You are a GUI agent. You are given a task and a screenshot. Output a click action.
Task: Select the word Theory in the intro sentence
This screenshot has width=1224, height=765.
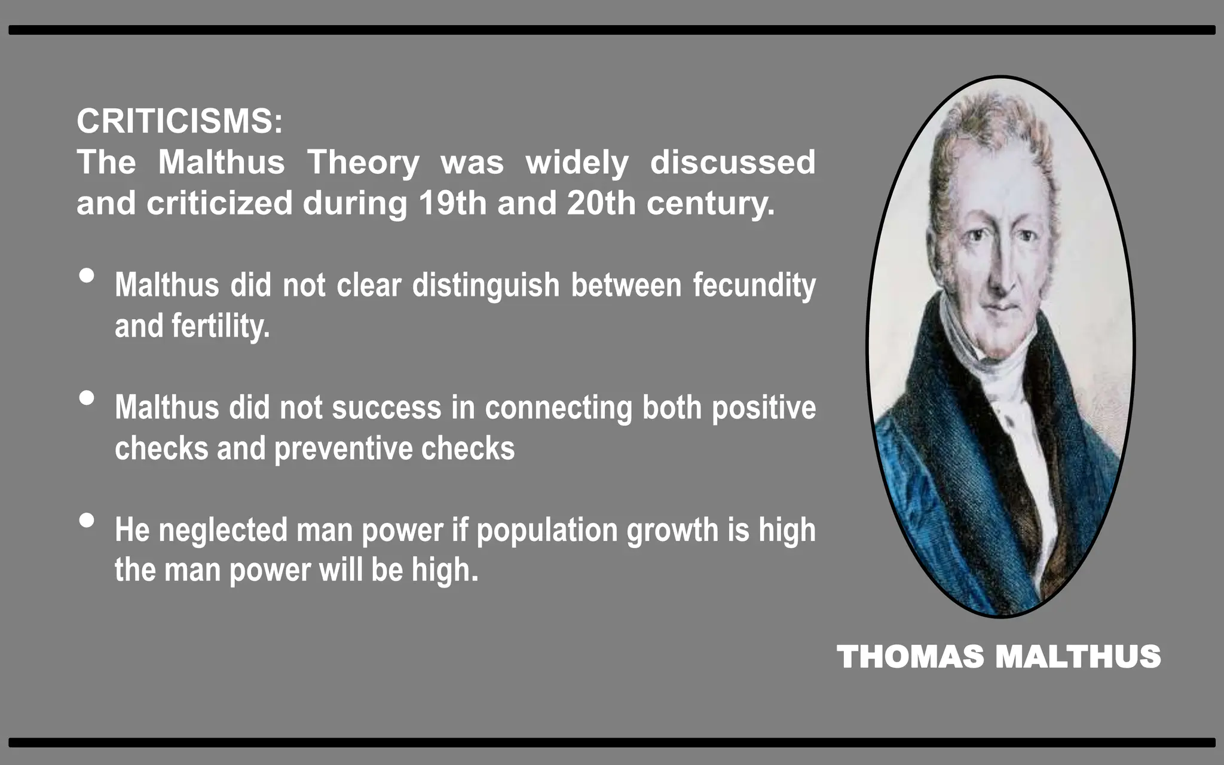[363, 163]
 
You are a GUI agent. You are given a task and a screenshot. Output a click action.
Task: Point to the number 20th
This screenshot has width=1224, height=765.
[601, 203]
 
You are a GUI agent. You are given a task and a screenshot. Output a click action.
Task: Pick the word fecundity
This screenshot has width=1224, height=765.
[754, 286]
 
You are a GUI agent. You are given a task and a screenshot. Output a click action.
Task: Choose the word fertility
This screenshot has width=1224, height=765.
[221, 326]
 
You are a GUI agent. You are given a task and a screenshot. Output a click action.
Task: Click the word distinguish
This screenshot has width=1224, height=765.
[486, 286]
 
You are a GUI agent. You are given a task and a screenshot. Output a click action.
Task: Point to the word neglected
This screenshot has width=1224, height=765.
[222, 530]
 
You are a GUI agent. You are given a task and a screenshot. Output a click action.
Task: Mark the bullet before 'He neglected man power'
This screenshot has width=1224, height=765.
[87, 521]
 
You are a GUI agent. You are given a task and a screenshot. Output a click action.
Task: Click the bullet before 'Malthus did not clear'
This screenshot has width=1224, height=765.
[87, 276]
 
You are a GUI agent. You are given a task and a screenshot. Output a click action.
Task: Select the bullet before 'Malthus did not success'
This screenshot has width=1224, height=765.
[87, 398]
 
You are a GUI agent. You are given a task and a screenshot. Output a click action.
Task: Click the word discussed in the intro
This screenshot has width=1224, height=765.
[733, 163]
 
